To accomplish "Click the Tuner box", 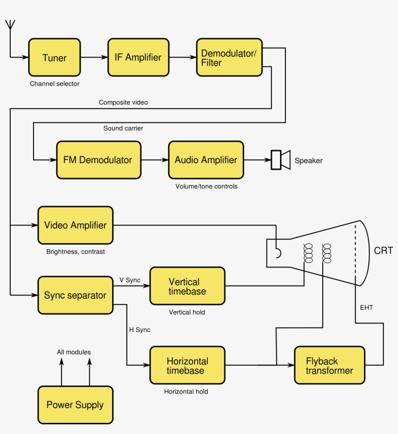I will click(x=54, y=57).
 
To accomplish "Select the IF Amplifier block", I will click(x=138, y=57).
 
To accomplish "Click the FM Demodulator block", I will click(x=99, y=160).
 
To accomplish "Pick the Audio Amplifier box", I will click(x=206, y=160).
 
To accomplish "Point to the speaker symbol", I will click(x=280, y=160).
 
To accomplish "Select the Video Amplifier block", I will click(x=75, y=225).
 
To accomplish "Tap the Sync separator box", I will click(x=75, y=295).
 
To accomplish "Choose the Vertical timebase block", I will click(x=187, y=286).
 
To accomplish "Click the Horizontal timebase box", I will click(x=187, y=366).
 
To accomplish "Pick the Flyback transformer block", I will click(x=329, y=366).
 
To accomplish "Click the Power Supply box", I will click(x=75, y=405).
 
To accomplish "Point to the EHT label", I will click(x=366, y=307).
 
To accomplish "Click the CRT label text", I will click(x=383, y=251).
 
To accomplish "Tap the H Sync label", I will click(x=139, y=330).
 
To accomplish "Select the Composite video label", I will click(x=123, y=102).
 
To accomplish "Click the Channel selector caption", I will click(x=54, y=83).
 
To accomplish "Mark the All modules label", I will click(x=74, y=352).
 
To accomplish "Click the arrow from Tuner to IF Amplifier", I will click(x=94, y=57).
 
